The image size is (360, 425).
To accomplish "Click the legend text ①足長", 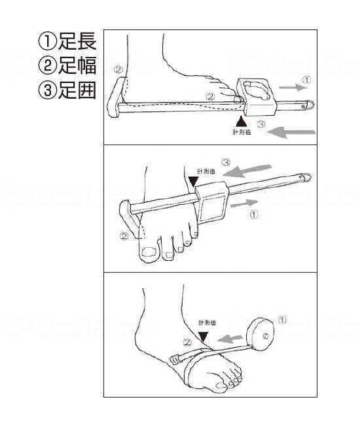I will click(x=67, y=41).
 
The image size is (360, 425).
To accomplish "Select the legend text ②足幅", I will click(x=67, y=65).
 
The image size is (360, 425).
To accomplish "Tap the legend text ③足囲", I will click(x=67, y=89).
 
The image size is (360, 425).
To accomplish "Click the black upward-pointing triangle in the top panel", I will click(x=242, y=120).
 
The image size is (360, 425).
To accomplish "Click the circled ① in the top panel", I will click(x=306, y=80).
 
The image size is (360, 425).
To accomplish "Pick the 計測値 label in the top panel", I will click(x=242, y=132).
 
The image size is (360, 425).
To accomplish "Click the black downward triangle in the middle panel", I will click(x=192, y=180).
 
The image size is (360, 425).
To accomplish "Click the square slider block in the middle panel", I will click(x=212, y=202).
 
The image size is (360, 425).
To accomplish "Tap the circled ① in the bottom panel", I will click(x=282, y=320).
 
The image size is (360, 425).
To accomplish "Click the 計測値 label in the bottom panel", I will click(x=209, y=323).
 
